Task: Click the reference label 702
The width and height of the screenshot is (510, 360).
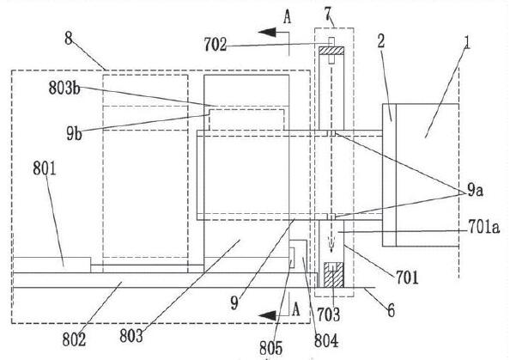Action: click(x=215, y=45)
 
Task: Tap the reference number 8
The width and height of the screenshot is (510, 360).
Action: click(x=69, y=39)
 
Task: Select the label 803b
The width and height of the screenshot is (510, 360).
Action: click(x=64, y=88)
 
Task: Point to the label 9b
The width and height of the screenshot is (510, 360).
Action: click(x=74, y=133)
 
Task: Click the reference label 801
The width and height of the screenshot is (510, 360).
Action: click(x=45, y=169)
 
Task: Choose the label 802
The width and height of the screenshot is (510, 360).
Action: click(x=74, y=339)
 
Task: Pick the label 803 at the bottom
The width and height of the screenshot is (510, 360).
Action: click(x=131, y=336)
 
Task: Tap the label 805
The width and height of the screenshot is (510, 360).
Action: click(x=271, y=349)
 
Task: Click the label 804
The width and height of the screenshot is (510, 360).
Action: click(x=326, y=341)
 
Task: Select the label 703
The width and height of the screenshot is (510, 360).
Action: click(x=328, y=314)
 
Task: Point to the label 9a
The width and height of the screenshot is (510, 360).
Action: click(x=475, y=191)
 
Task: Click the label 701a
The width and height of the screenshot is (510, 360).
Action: click(x=483, y=227)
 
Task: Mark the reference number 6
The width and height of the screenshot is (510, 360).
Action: click(x=391, y=310)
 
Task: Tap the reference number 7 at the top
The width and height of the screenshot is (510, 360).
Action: click(x=328, y=14)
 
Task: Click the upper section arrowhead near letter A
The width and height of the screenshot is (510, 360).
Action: click(x=266, y=33)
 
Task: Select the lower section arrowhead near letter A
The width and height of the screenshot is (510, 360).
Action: click(x=267, y=315)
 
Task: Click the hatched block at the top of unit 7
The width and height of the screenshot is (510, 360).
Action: click(x=331, y=51)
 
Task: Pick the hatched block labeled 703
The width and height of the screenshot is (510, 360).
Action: click(x=333, y=275)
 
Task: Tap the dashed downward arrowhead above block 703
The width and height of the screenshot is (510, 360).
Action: click(x=331, y=249)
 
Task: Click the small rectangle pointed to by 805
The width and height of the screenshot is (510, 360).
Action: click(x=292, y=258)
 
